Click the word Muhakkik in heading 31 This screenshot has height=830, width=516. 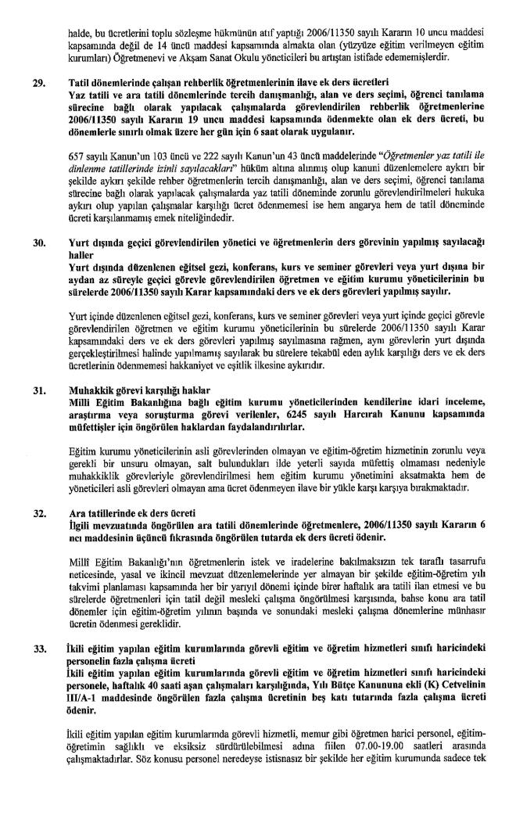[86, 389]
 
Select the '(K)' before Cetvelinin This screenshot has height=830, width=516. [435, 679]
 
